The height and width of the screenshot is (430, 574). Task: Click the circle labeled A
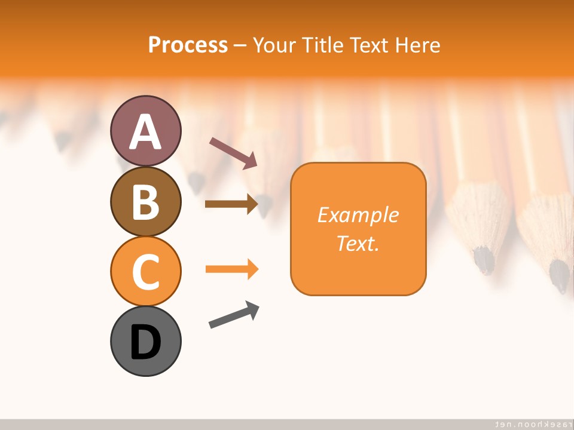(145, 131)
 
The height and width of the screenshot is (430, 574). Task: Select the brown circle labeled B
(145, 201)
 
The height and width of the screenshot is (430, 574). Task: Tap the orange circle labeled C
(145, 271)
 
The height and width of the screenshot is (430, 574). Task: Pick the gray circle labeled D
(145, 341)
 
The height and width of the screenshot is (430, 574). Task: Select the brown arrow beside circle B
(231, 204)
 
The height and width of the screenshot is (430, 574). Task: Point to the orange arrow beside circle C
(231, 269)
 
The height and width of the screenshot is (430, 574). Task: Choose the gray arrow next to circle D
(234, 315)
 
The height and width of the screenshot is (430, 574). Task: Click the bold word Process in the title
(188, 45)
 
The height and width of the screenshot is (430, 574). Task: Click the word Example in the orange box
(358, 215)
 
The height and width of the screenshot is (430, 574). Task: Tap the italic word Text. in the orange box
(358, 243)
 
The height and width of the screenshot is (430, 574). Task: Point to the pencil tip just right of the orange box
(484, 260)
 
